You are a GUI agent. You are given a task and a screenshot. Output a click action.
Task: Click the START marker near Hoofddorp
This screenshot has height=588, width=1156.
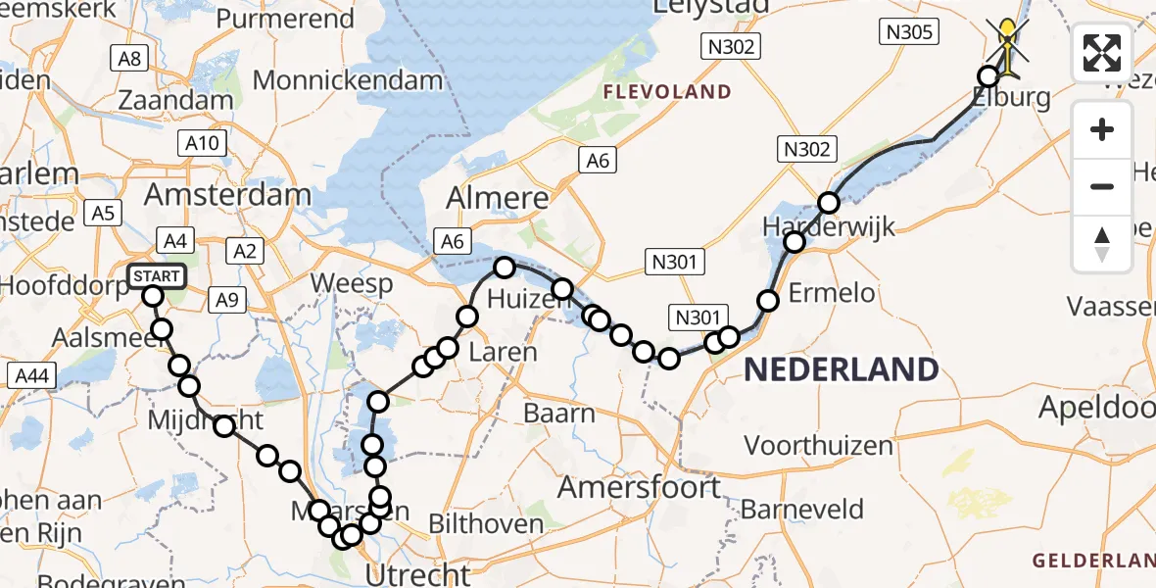[x=156, y=276]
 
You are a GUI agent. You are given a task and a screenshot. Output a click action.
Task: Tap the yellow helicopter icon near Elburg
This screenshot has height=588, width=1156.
[x=1008, y=44]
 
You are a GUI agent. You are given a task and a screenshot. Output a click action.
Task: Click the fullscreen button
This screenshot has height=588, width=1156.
[x=1102, y=53]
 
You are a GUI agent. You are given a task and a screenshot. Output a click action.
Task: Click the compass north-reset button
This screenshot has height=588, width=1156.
[x=1102, y=244]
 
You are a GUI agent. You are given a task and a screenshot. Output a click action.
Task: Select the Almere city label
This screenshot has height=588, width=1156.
[x=498, y=199]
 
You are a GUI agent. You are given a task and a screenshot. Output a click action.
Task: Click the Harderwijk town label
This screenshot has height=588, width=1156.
[x=830, y=228]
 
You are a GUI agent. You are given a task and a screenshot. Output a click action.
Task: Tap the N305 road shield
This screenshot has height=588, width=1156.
[x=910, y=33]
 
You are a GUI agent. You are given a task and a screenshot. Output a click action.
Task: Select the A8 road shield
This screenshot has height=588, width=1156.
[x=129, y=59]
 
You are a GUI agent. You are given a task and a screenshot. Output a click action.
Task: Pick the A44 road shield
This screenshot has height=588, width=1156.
[x=32, y=374]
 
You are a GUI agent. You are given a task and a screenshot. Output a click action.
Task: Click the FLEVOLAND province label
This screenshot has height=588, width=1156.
[x=667, y=92]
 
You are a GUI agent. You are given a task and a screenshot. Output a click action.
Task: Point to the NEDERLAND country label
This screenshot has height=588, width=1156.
[x=842, y=369]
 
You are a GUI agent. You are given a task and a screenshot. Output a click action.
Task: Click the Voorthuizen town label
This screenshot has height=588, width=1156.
[x=818, y=446]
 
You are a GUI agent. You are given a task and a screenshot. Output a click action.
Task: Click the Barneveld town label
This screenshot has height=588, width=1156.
[x=802, y=510]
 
